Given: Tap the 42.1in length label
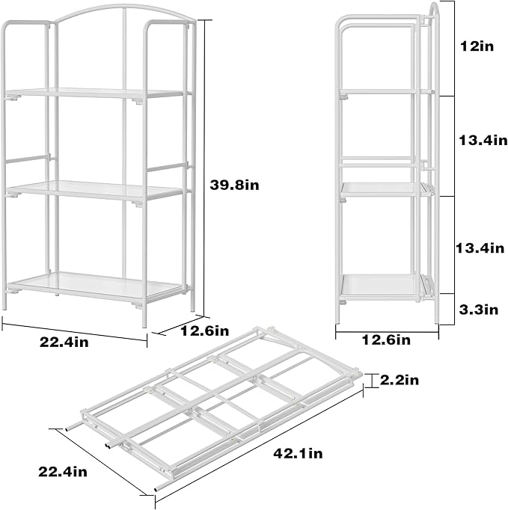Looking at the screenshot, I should (298, 453).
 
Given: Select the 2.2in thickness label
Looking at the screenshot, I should (399, 381).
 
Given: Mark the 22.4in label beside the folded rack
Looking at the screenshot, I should (63, 471).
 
